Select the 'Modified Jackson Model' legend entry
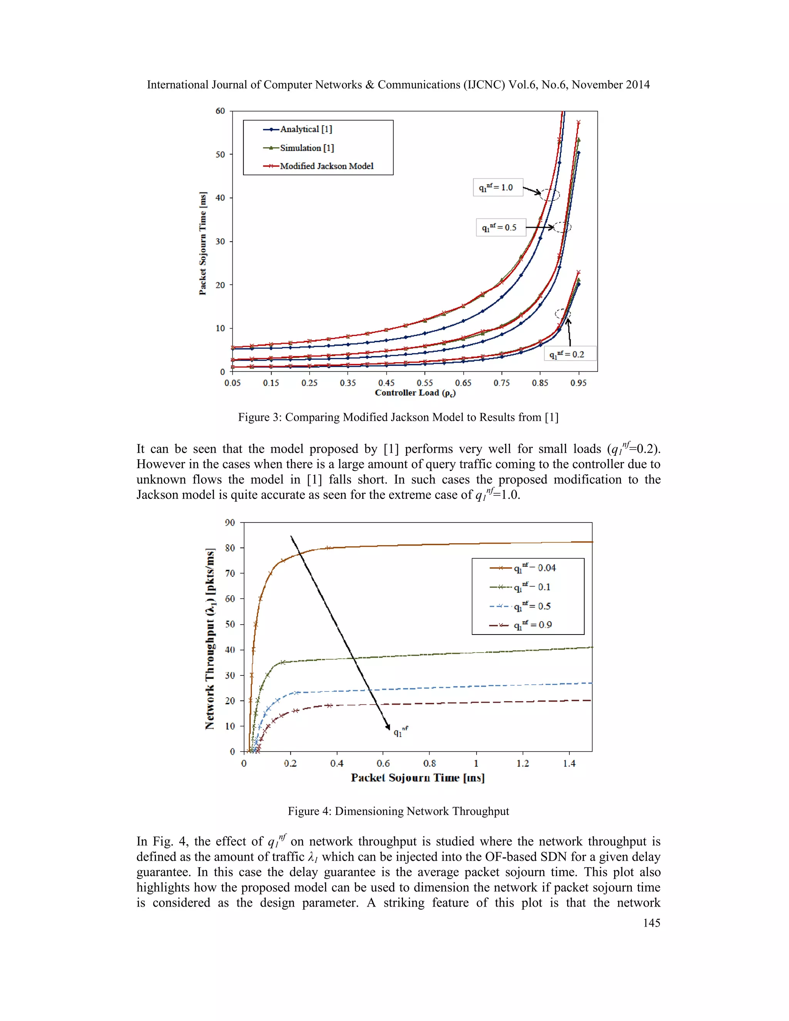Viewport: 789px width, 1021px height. (326, 166)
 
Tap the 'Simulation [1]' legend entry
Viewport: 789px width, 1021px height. (307, 148)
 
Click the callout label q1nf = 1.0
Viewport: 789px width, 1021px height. (497, 188)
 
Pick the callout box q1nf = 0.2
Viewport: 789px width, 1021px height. (570, 354)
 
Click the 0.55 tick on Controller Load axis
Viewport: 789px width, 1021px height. (425, 383)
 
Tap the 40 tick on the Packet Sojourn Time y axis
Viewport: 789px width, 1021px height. (220, 198)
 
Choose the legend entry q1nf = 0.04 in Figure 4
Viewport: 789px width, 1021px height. (534, 568)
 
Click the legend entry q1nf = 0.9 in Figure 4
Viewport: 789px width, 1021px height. (532, 625)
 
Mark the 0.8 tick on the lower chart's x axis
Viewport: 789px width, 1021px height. (430, 763)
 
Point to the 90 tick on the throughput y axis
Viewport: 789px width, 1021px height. (230, 523)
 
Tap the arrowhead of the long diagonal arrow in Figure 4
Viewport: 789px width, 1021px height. (388, 727)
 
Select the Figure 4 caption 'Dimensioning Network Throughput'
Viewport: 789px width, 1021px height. (398, 811)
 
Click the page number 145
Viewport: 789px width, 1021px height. (651, 923)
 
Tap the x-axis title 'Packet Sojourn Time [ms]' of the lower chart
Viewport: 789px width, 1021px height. (417, 778)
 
